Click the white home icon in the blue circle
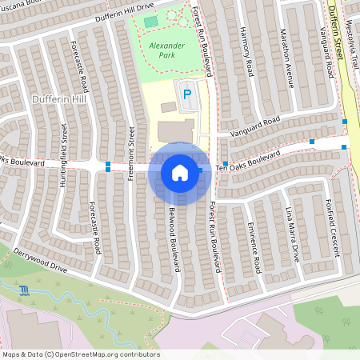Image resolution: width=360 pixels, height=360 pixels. (180, 172)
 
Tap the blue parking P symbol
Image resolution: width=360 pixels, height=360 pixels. (187, 94)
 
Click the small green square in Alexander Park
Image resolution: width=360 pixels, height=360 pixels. (151, 22)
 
